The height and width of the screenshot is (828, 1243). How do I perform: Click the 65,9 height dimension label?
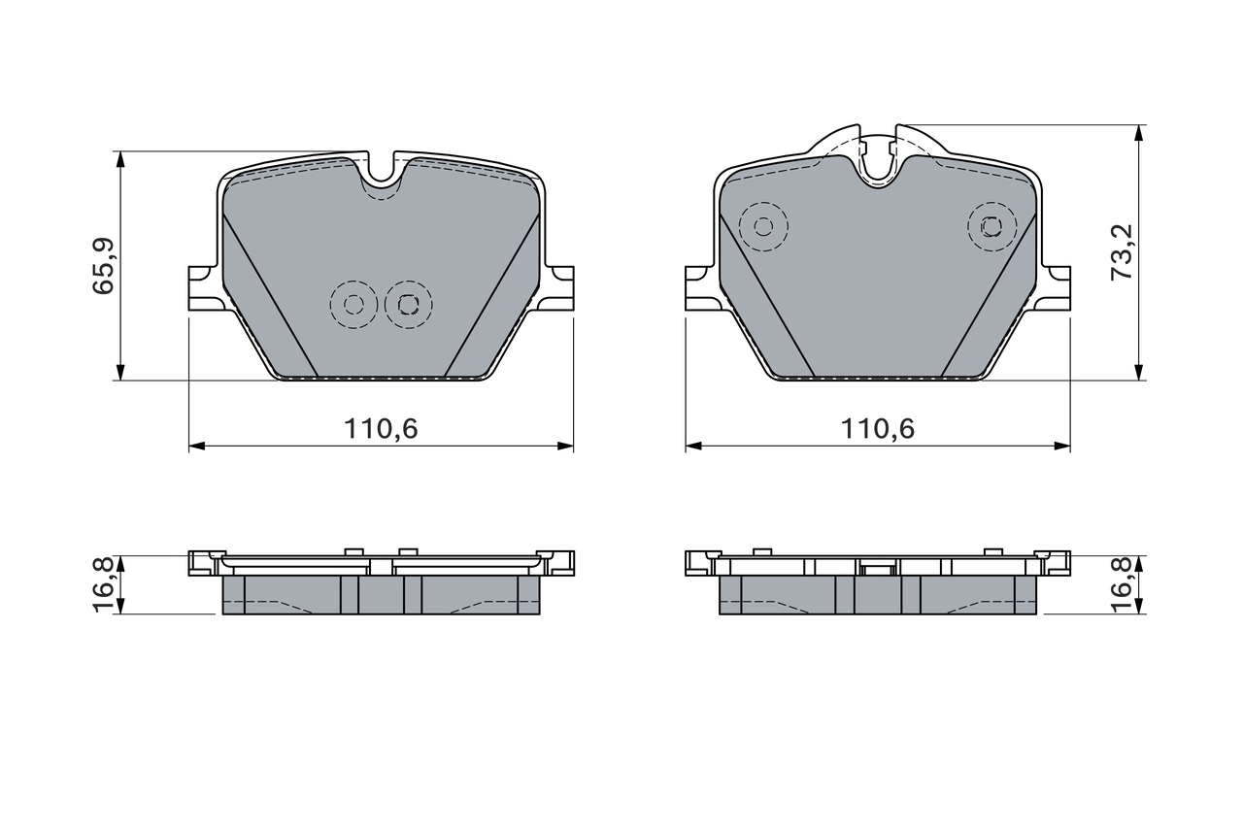[x=104, y=266]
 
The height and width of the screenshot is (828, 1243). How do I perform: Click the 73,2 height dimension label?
[x=1122, y=251]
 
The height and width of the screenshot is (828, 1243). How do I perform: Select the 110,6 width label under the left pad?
[x=381, y=428]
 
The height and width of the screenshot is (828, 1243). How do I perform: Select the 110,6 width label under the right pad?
[x=878, y=428]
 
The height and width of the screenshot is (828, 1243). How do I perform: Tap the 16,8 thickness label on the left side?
[x=104, y=585]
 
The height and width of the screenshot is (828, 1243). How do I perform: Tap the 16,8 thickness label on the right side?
[x=1122, y=585]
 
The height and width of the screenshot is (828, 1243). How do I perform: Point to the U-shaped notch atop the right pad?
[x=878, y=165]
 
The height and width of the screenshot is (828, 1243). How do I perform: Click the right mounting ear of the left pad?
[x=559, y=288]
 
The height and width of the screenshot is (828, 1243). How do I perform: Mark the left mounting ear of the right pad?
[x=700, y=288]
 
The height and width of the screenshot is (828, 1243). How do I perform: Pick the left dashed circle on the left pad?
[x=353, y=305]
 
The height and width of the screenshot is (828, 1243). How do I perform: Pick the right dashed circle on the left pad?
[x=408, y=305]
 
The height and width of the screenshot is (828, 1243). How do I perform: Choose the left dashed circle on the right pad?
[x=763, y=226]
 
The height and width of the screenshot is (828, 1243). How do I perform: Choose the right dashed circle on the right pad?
[x=991, y=226]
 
